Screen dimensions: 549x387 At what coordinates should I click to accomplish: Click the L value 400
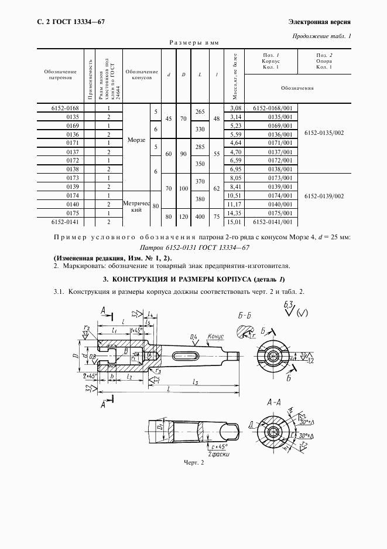[x=200, y=216]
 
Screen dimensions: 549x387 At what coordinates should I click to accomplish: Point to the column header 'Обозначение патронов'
[x=60, y=74]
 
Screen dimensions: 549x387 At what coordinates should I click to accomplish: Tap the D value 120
[x=183, y=216]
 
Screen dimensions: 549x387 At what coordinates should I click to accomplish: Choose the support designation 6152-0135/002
[x=324, y=133]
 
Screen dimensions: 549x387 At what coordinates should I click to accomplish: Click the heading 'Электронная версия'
[x=320, y=22]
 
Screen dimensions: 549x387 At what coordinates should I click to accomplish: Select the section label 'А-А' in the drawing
[x=275, y=404]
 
